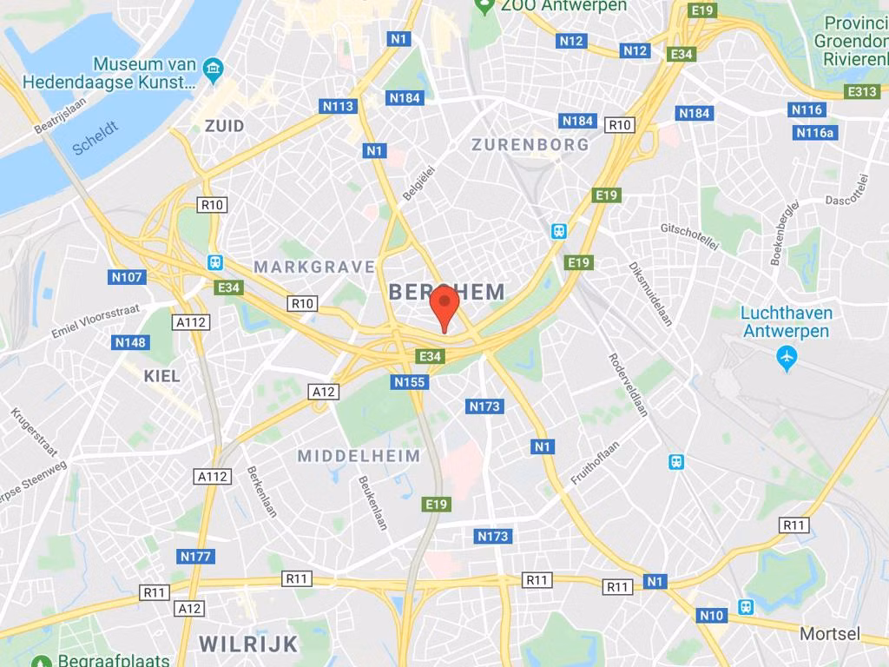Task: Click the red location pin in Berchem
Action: tap(444, 305)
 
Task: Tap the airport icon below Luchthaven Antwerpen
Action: tap(787, 357)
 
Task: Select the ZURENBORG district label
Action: tap(530, 145)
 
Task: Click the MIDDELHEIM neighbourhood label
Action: tap(359, 456)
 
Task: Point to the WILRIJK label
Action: tap(248, 644)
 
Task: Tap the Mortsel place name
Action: tap(829, 634)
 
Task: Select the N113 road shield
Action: tap(339, 106)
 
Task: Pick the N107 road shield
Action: tap(128, 277)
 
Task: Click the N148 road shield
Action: tap(131, 342)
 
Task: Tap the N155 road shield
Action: tap(410, 382)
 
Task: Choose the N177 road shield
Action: tap(196, 556)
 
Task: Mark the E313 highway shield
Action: tap(863, 91)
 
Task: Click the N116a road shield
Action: tap(814, 132)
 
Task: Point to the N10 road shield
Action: tap(710, 616)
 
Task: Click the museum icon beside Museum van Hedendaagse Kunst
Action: tap(211, 68)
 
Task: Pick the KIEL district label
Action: tap(162, 376)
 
